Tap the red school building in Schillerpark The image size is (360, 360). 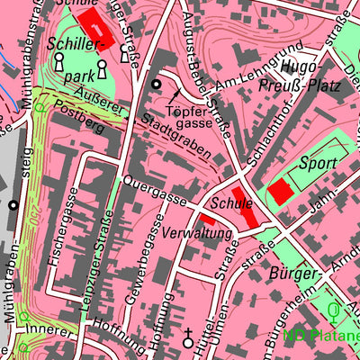click(x=93, y=27)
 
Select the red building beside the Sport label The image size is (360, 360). click(x=281, y=190)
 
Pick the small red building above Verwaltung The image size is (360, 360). click(x=207, y=219)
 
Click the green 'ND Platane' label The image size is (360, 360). click(x=321, y=337)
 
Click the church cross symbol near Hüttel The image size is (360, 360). click(x=188, y=339)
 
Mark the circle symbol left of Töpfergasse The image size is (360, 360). click(x=157, y=85)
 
